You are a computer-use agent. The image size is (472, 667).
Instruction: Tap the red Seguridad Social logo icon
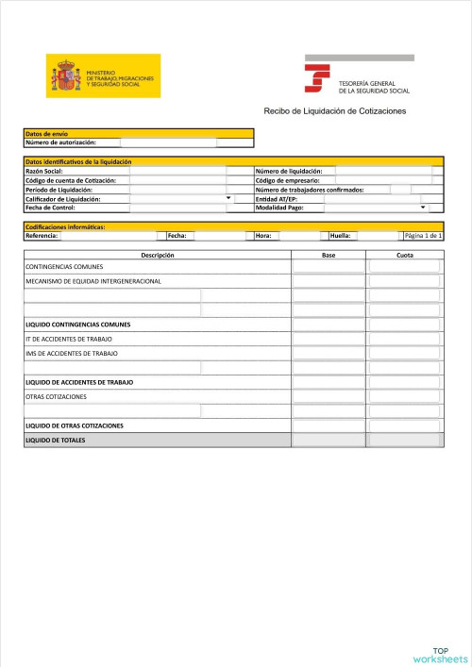319,75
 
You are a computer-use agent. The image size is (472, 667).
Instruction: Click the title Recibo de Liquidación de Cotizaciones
334,111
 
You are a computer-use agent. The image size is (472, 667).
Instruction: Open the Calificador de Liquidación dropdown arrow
229,198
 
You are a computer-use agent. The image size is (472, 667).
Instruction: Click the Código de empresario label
287,180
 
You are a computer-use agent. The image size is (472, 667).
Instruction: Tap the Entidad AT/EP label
277,199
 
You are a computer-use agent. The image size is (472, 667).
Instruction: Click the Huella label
340,235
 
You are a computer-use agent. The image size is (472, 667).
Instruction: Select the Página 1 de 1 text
422,235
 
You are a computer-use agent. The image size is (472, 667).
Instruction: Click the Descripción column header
158,255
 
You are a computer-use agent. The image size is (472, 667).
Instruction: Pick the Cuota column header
404,255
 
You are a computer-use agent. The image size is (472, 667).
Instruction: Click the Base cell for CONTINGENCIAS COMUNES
328,267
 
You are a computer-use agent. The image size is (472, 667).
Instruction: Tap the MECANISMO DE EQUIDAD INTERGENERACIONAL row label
93,281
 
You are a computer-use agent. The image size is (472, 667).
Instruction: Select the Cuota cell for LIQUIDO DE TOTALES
404,440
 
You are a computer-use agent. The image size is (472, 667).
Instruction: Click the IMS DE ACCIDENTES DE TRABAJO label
72,353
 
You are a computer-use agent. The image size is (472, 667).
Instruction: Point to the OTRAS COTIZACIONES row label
56,396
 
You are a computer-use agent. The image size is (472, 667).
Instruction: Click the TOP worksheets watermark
440,654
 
